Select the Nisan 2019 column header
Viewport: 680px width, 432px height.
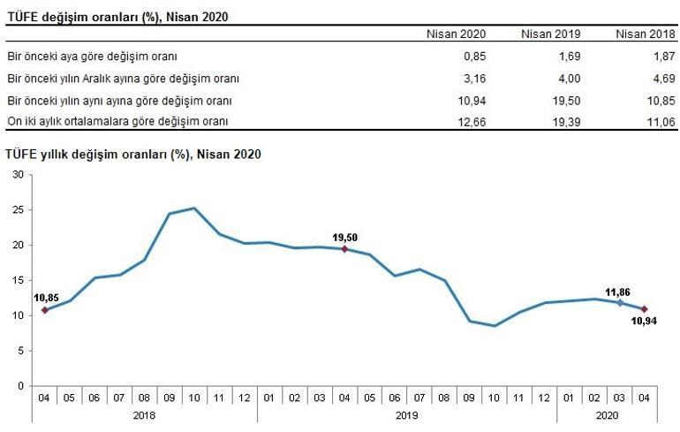click(x=550, y=34)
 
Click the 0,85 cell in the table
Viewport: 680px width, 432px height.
click(x=475, y=56)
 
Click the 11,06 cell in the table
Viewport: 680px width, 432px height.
click(x=662, y=120)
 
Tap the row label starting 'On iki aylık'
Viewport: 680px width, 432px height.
click(x=117, y=120)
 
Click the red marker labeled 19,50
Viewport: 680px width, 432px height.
click(x=344, y=249)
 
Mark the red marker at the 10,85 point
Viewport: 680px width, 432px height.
click(x=44, y=310)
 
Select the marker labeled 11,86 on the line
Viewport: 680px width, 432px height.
click(x=619, y=303)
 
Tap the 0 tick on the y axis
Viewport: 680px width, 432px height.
click(x=20, y=386)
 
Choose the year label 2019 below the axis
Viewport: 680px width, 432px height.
click(x=407, y=414)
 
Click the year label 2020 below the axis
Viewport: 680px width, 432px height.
click(x=607, y=414)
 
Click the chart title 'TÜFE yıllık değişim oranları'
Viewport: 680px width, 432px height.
click(x=133, y=154)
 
